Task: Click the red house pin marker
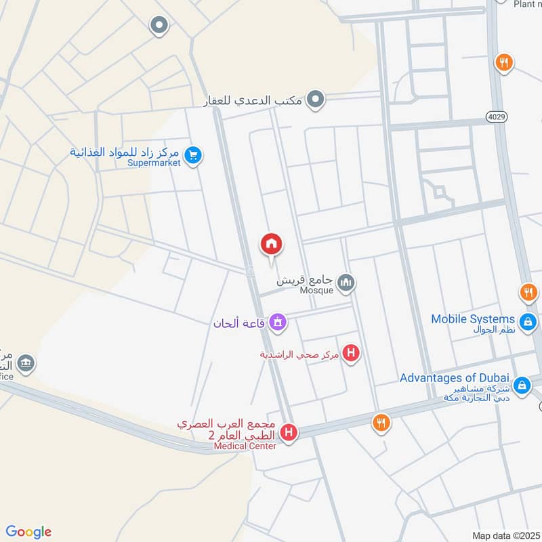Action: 272,243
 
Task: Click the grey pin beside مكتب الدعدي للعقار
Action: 315,102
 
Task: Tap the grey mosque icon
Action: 346,282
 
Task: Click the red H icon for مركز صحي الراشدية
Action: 350,353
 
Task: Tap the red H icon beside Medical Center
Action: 289,432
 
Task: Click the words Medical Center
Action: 245,446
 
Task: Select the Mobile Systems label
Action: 473,318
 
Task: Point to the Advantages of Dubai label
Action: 454,377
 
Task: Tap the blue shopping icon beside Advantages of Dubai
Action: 522,385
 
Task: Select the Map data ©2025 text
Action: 505,535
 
